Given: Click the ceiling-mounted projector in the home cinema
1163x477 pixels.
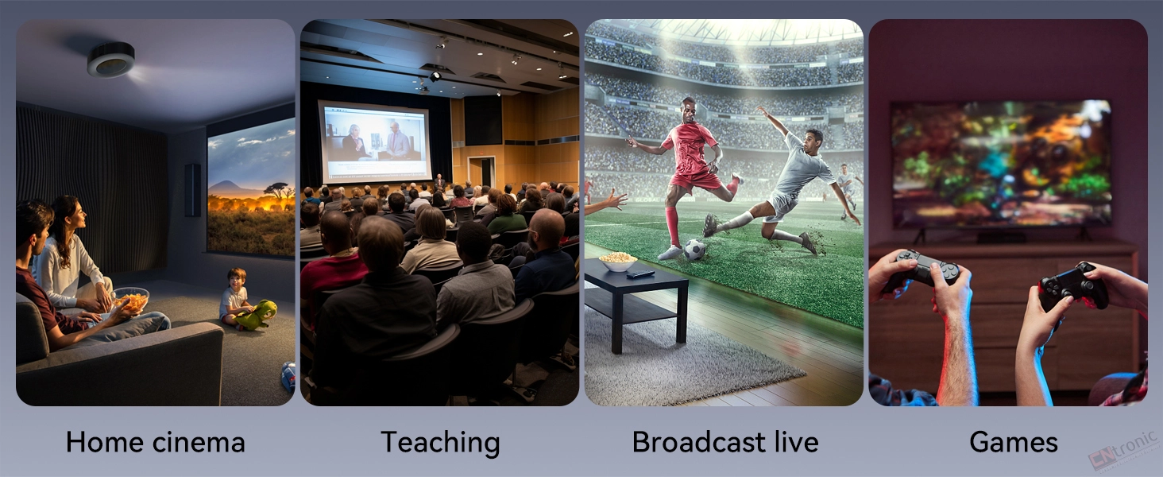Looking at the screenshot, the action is (x=110, y=60).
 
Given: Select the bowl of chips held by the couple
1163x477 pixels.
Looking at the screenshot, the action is (x=131, y=300).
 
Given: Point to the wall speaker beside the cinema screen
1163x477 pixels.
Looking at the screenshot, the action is (x=192, y=190).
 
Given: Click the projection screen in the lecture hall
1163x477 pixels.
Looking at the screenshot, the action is (x=375, y=142).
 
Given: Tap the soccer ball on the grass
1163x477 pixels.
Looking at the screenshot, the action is (x=694, y=250).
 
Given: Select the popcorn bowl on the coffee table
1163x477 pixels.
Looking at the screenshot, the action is (x=618, y=262).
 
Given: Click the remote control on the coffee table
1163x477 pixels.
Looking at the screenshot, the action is (x=640, y=273).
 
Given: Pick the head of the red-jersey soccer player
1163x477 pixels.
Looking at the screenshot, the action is (x=689, y=111).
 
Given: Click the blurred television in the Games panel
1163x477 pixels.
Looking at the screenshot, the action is (x=1002, y=165).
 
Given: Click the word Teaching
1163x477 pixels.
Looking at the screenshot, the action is (x=440, y=443).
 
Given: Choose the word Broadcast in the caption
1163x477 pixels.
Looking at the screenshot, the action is (x=699, y=442).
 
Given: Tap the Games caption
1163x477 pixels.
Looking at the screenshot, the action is (x=1014, y=442).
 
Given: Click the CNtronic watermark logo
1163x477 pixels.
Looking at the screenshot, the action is (x=1124, y=449).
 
